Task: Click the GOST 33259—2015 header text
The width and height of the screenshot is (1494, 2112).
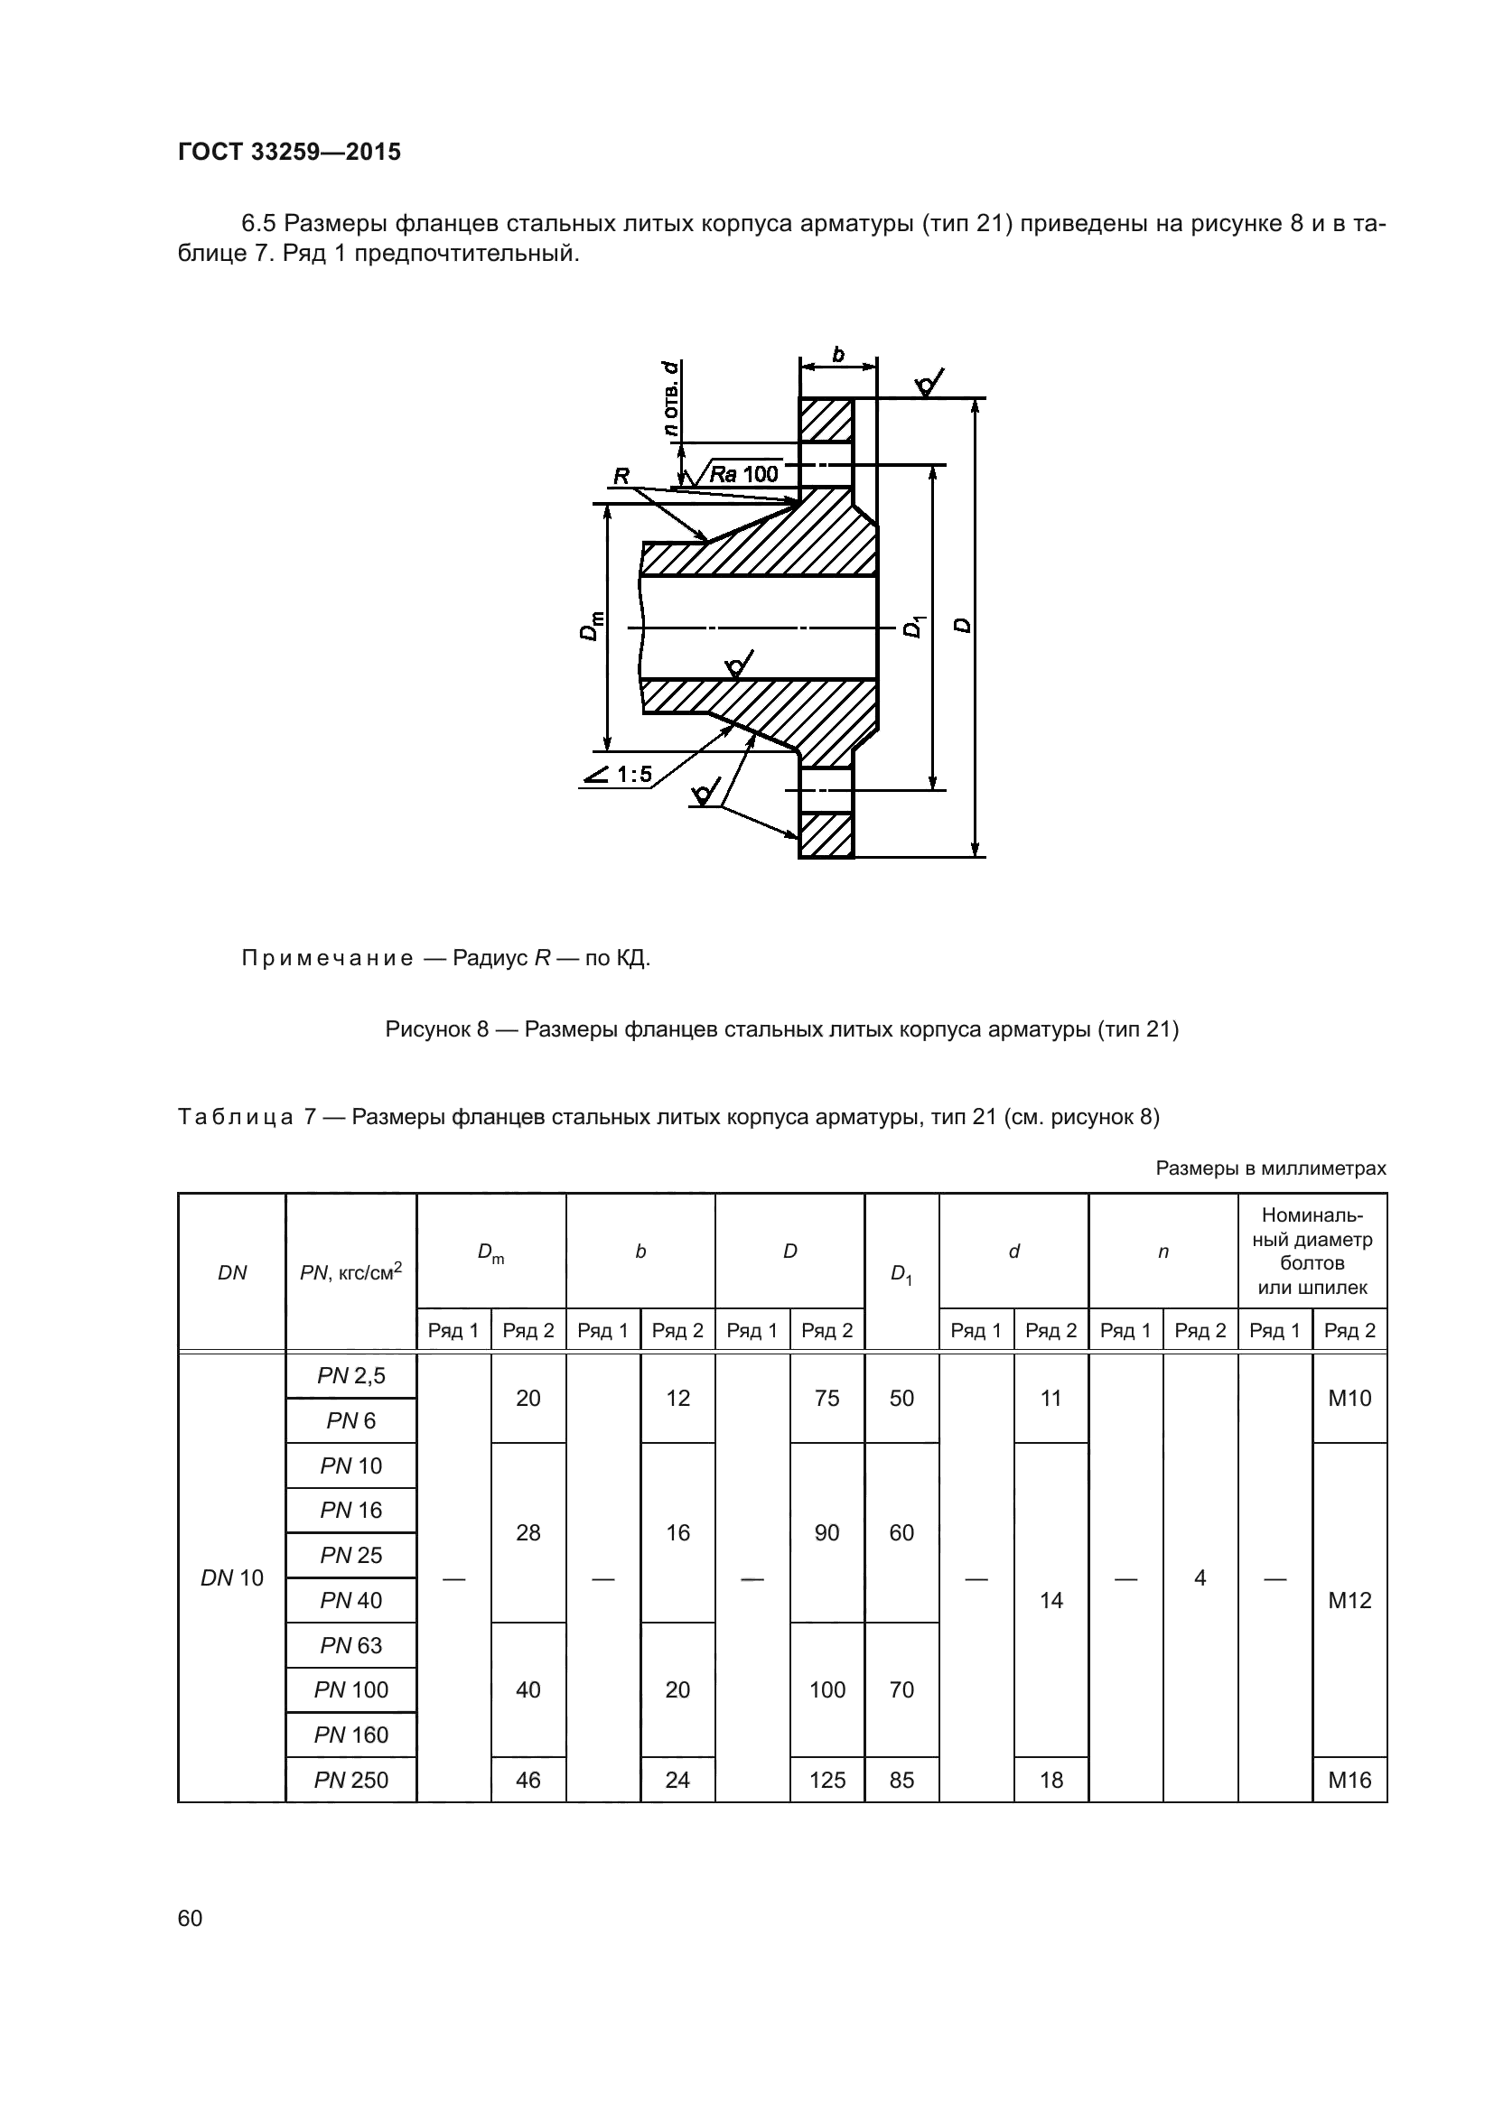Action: (289, 152)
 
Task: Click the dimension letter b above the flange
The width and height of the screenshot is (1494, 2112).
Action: (838, 354)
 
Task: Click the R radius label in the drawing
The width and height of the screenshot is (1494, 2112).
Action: (621, 476)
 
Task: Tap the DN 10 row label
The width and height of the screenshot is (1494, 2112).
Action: (232, 1577)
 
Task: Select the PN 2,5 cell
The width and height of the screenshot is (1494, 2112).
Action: (351, 1375)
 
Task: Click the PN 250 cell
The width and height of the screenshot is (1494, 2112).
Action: (351, 1780)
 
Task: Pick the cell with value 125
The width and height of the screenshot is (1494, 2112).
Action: (827, 1780)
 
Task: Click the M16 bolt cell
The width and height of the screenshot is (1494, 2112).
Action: (1349, 1780)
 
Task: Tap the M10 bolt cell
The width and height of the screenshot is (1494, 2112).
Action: (1349, 1398)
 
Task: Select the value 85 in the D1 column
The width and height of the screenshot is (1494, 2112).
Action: (901, 1780)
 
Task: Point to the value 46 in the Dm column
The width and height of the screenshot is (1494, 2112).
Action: (528, 1780)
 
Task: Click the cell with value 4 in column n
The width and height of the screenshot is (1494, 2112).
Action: (1200, 1577)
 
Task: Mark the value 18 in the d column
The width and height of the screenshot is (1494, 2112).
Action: (1050, 1780)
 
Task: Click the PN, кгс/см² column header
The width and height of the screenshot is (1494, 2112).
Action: (351, 1273)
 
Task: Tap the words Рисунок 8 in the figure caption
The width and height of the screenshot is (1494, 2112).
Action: (436, 1028)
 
